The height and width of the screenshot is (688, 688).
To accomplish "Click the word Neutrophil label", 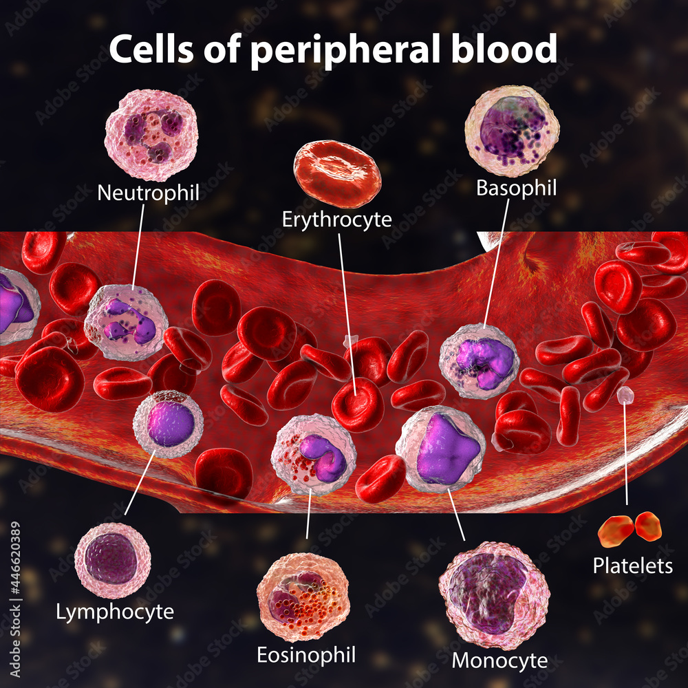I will click(x=148, y=192).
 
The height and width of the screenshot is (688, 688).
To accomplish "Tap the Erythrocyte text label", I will click(x=337, y=219).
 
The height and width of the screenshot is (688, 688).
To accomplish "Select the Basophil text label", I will click(x=516, y=188).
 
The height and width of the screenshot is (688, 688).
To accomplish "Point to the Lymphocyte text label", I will click(x=115, y=611).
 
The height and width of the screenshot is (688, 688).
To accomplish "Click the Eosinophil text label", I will click(x=306, y=654).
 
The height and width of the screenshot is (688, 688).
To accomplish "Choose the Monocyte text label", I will click(x=499, y=660).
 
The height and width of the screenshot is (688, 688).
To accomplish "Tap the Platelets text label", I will click(x=633, y=566).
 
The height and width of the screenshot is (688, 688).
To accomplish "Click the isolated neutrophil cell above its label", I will click(x=151, y=135).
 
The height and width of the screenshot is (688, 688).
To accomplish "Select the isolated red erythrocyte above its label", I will click(x=337, y=173).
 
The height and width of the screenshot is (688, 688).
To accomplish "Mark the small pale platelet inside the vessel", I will click(x=624, y=394).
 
